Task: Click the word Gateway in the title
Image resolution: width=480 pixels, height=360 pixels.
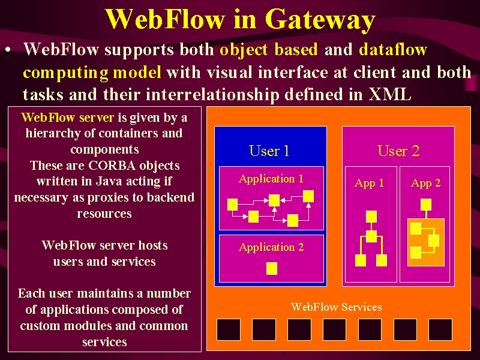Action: tap(320, 20)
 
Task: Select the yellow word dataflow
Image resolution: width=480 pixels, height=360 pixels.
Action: tap(393, 49)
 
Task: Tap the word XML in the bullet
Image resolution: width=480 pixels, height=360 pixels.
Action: tap(389, 94)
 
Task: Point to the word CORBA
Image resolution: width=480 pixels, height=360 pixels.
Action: tap(112, 166)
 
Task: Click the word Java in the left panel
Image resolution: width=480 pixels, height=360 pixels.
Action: tap(109, 181)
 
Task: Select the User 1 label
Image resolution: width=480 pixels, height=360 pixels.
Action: tap(269, 151)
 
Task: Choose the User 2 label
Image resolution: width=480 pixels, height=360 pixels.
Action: tap(398, 151)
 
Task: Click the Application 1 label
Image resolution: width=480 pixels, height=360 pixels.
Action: tap(271, 179)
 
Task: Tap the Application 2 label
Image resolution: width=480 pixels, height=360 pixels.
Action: tap(271, 247)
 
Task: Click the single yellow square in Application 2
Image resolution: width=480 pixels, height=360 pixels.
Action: tap(272, 268)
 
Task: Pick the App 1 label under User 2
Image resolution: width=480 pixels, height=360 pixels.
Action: tap(369, 183)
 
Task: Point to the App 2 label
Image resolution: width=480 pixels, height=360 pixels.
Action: tap(426, 183)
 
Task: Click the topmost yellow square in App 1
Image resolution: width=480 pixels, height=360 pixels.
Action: tap(371, 217)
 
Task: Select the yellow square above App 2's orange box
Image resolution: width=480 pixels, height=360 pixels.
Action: tap(426, 205)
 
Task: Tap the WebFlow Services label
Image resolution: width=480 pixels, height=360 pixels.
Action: tap(337, 307)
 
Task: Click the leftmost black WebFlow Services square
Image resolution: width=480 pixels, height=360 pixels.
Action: tap(229, 329)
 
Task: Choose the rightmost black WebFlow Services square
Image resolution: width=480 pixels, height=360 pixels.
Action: tap(440, 329)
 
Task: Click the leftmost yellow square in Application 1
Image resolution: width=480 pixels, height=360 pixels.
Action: tap(233, 205)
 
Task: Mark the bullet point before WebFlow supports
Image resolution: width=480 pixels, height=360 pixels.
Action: tap(8, 50)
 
